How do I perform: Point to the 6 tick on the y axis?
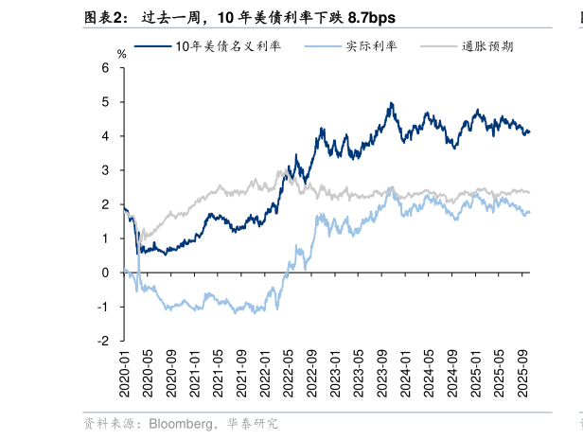pos(106,68)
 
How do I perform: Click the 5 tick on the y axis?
pos(106,102)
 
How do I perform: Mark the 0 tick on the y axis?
pos(106,273)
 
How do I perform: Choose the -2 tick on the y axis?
pos(104,341)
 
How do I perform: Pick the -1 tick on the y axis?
pos(104,307)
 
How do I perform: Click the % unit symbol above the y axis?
pos(121,54)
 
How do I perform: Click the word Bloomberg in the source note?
pos(180,423)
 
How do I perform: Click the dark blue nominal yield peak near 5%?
pos(391,103)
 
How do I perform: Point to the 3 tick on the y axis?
pos(106,170)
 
